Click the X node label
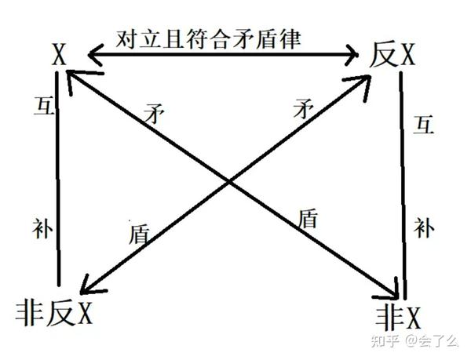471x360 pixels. (x=58, y=54)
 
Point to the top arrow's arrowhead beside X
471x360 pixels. (x=93, y=54)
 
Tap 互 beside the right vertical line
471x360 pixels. (x=424, y=125)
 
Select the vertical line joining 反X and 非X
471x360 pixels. (x=403, y=180)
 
